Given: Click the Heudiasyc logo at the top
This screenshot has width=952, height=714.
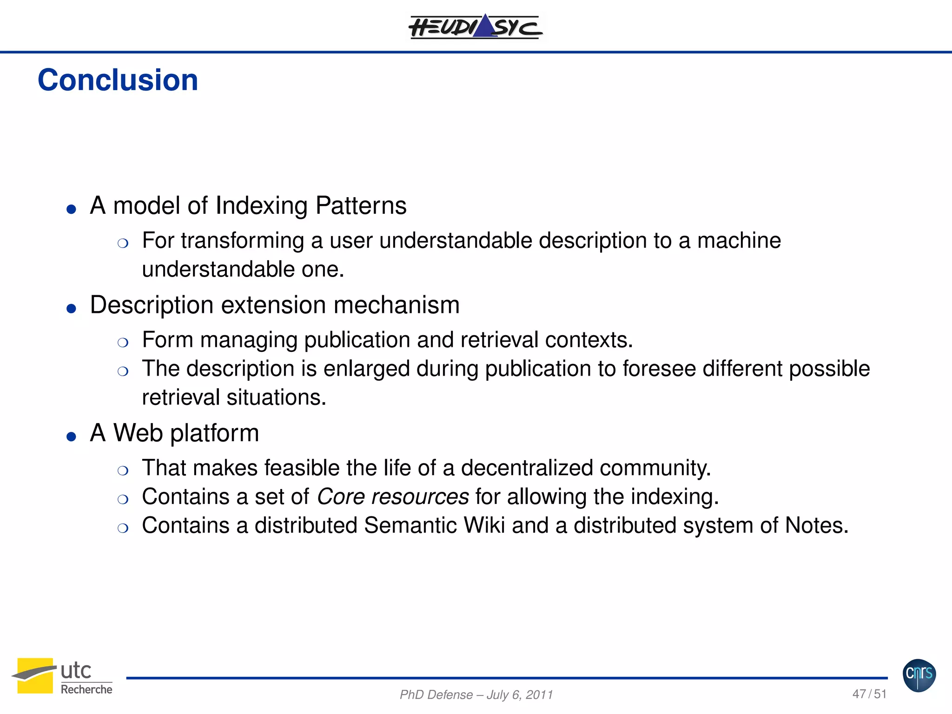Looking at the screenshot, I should click(x=475, y=26).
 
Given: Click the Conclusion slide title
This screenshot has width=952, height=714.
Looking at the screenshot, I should click(x=118, y=80).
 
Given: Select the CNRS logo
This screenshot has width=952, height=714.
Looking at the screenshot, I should click(x=919, y=675).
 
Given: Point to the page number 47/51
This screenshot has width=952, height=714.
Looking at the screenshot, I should click(x=869, y=694).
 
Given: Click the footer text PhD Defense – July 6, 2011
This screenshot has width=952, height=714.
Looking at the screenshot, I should click(x=476, y=694).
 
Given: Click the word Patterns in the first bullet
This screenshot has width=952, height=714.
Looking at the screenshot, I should click(x=361, y=205).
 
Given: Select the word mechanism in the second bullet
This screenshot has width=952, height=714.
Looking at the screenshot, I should click(x=396, y=305).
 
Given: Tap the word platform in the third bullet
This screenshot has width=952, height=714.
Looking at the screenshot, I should click(x=214, y=433).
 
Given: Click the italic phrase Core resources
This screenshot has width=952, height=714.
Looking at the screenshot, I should click(x=393, y=496).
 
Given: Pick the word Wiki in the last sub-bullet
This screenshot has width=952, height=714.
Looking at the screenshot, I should click(x=484, y=525).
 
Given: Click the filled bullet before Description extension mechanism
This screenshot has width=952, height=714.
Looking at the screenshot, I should click(x=71, y=309).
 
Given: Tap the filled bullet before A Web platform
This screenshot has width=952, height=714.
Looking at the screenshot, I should click(x=71, y=436).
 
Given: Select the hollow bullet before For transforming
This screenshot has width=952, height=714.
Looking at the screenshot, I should click(x=123, y=243).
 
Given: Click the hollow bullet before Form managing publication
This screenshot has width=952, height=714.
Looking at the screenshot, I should click(x=123, y=343).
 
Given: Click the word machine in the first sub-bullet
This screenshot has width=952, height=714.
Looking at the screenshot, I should click(x=739, y=241).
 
